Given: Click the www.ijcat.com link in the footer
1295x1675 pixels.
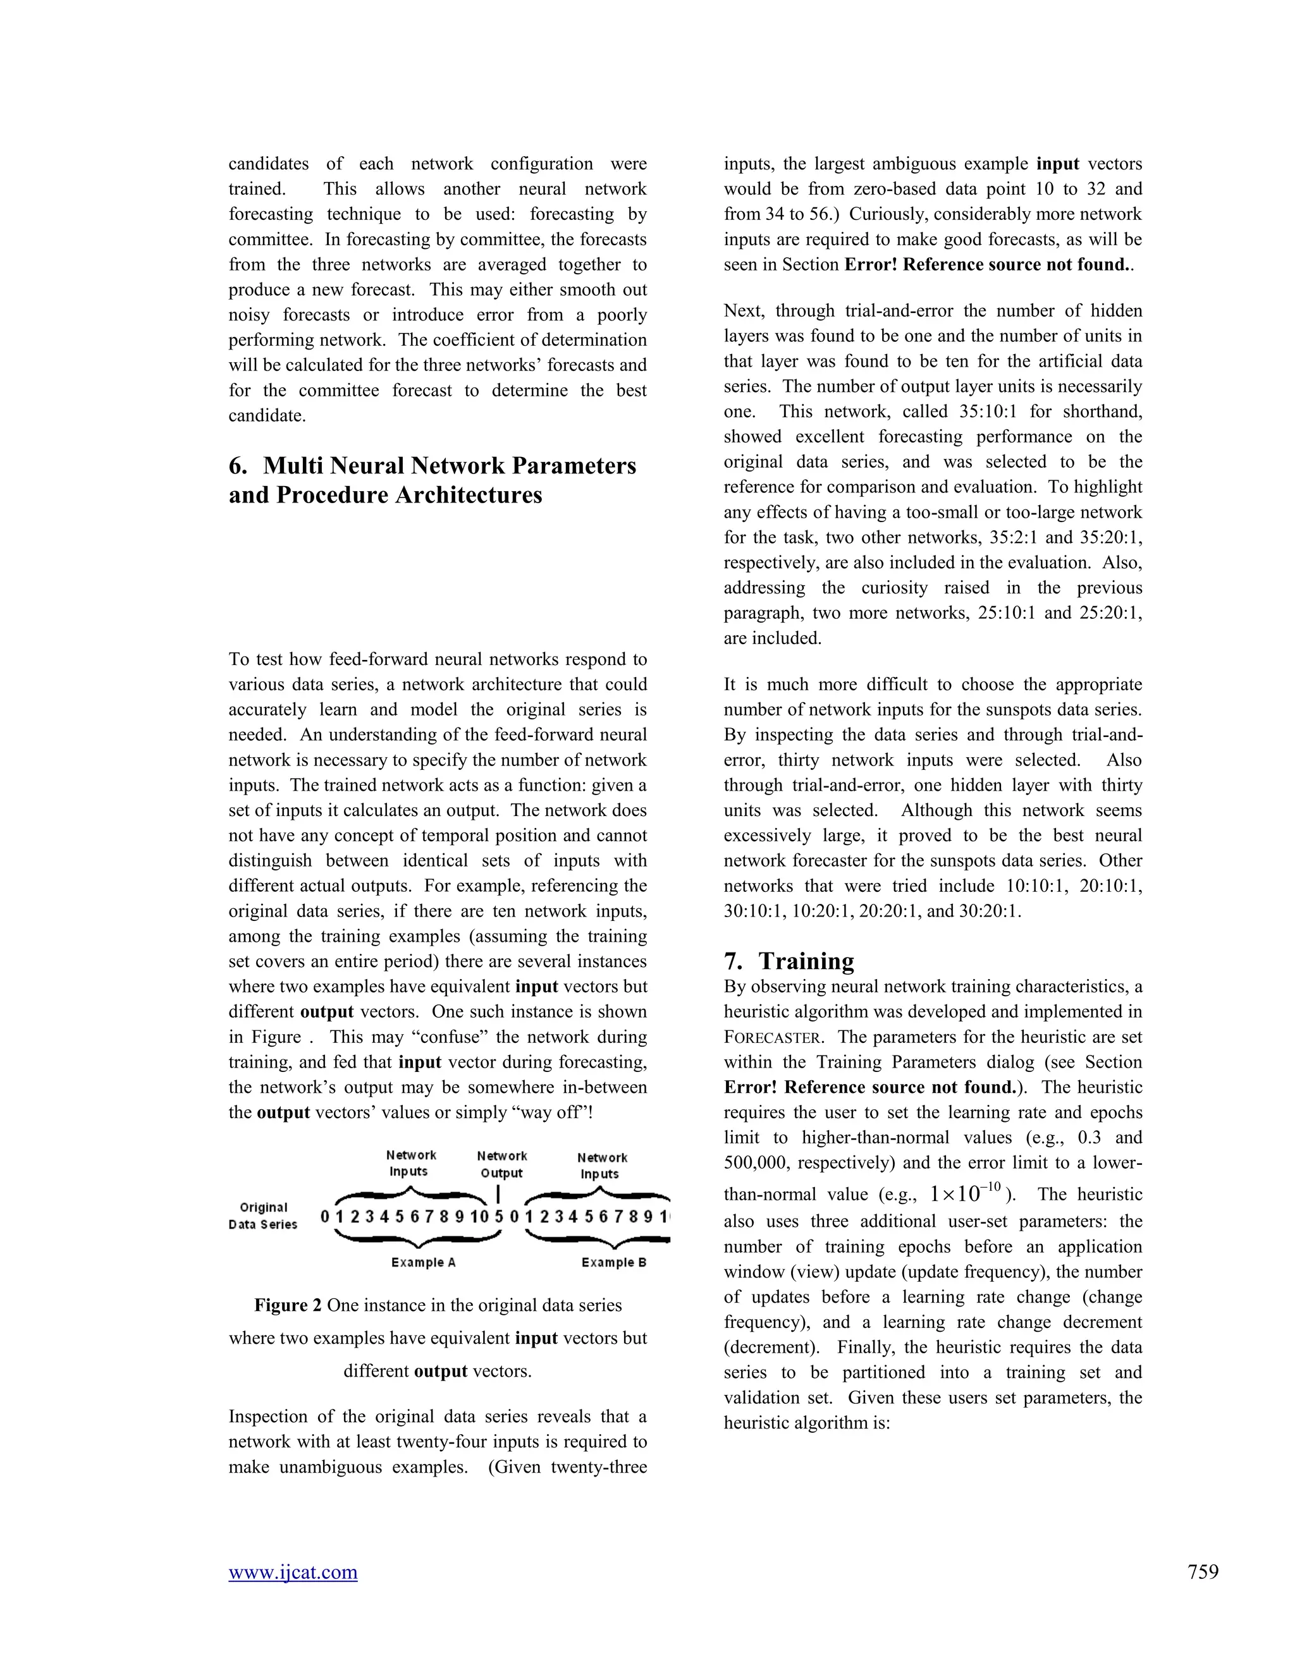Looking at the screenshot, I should [292, 1572].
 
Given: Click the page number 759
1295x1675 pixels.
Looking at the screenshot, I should [1202, 1572].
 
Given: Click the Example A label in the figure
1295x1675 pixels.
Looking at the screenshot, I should [423, 1262].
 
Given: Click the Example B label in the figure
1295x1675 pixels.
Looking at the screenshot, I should [614, 1262].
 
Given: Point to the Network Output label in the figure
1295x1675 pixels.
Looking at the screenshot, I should [501, 1164].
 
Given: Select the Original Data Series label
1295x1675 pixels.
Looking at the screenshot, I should [263, 1215].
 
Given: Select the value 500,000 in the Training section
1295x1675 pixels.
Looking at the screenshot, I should [755, 1164].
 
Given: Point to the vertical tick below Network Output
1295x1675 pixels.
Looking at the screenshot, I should [499, 1194].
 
